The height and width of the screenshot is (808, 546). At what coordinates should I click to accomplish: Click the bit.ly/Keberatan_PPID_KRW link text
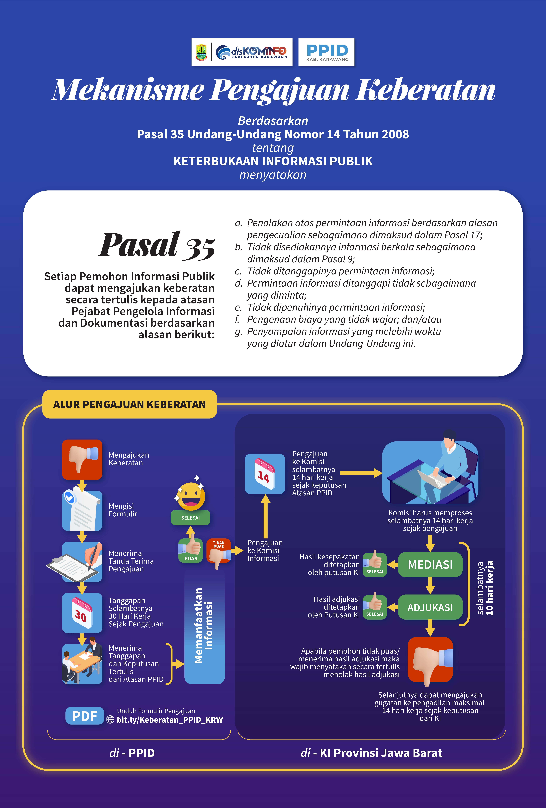click(x=170, y=720)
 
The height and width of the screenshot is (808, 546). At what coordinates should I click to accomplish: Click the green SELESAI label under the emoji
click(x=190, y=518)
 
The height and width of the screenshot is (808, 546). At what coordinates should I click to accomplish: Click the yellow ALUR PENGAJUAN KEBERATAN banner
click(x=129, y=404)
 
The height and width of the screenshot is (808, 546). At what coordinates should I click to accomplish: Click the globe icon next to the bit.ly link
click(x=110, y=720)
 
